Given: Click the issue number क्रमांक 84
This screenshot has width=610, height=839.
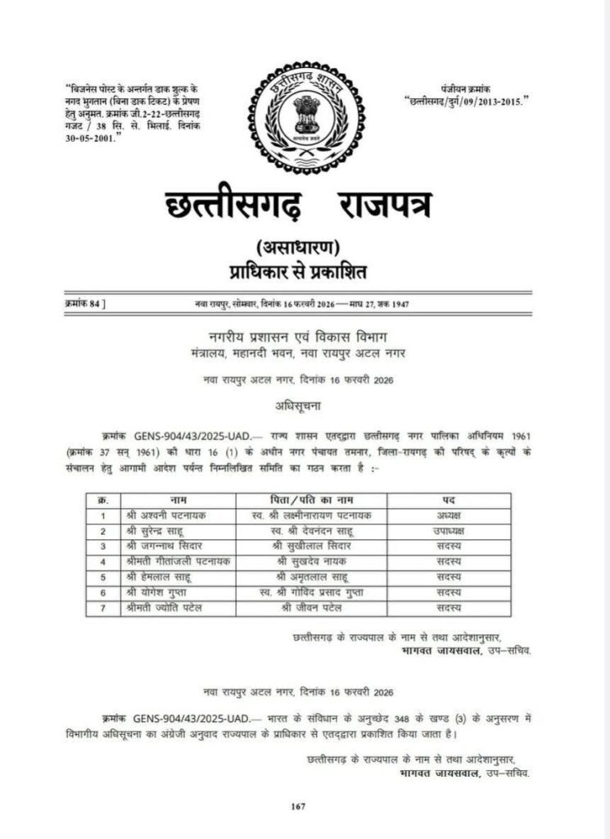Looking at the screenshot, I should click(84, 304).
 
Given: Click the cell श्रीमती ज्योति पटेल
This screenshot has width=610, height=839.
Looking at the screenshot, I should click(164, 607).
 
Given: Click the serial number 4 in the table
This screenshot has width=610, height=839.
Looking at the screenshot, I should click(103, 561).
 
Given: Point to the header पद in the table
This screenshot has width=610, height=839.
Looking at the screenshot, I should click(448, 499).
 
